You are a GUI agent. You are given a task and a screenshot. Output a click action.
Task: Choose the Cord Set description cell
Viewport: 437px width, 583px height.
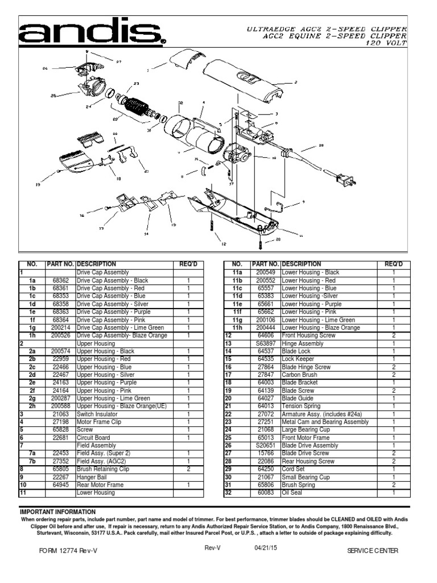[x=293, y=469]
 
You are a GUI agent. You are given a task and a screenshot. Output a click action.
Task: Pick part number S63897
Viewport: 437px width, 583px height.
[x=265, y=343]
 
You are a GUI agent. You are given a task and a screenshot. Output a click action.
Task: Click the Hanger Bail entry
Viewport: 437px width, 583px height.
[x=92, y=477]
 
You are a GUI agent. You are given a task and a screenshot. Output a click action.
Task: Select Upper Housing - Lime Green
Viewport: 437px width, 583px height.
[x=113, y=399]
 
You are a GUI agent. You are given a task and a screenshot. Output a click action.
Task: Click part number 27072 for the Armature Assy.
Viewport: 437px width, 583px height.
[x=265, y=414]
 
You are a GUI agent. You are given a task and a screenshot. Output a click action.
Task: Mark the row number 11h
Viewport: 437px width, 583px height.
[x=237, y=328]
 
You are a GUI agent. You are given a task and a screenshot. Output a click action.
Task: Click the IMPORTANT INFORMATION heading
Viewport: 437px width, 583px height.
[x=58, y=512]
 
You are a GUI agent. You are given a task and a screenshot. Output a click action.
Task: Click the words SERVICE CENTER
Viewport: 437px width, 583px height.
[x=372, y=551]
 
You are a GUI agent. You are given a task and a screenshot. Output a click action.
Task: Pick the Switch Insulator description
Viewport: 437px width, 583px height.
[x=96, y=414]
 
